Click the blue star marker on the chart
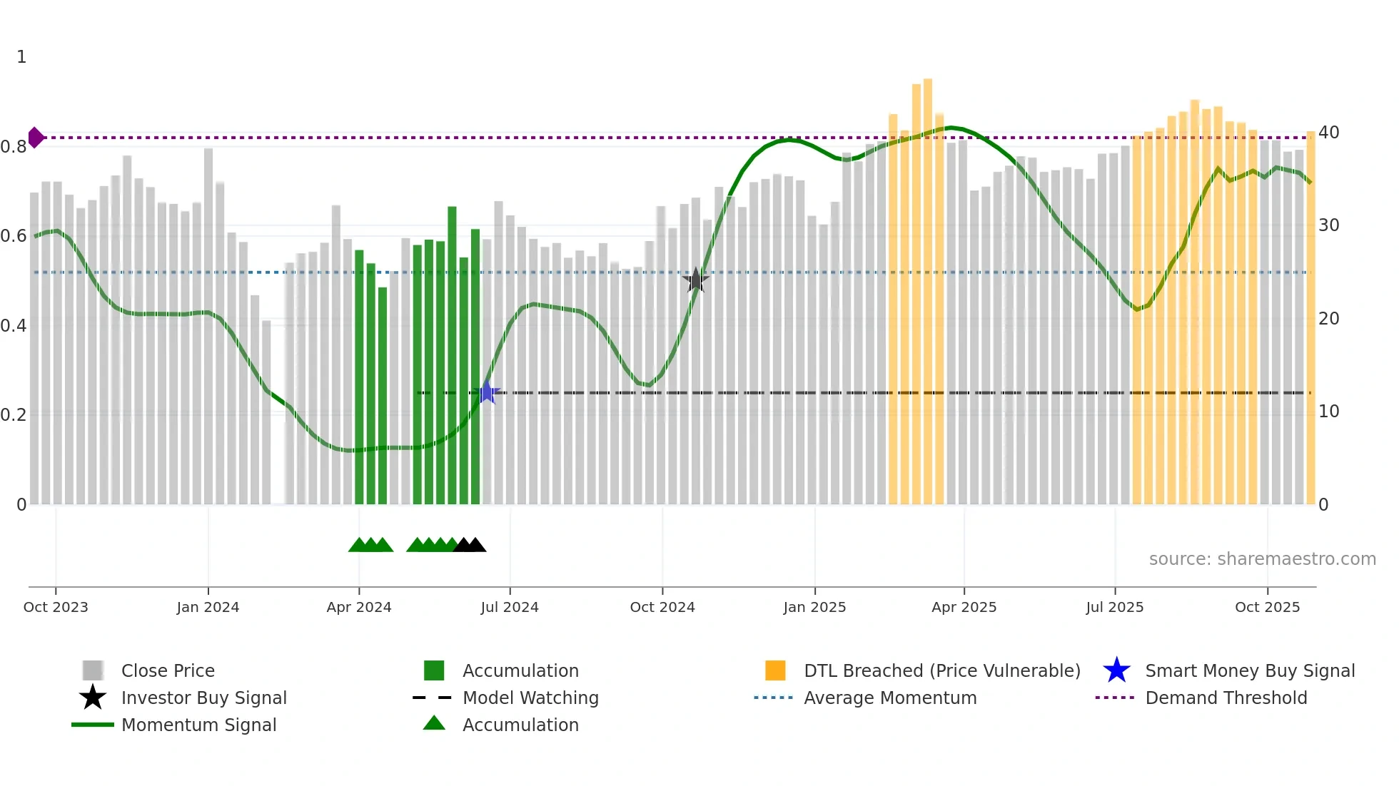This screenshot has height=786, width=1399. pyautogui.click(x=487, y=392)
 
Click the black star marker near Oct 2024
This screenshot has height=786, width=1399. pyautogui.click(x=695, y=280)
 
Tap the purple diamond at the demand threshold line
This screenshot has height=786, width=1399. pyautogui.click(x=36, y=138)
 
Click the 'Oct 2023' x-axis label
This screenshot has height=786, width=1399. pyautogui.click(x=56, y=607)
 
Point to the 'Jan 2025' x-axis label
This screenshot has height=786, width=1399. pyautogui.click(x=814, y=607)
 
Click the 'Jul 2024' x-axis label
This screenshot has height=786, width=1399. pyautogui.click(x=510, y=607)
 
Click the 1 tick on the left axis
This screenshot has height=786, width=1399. pyautogui.click(x=21, y=57)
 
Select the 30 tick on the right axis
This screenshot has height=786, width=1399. pyautogui.click(x=1328, y=225)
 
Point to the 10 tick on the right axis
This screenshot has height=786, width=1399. pyautogui.click(x=1328, y=412)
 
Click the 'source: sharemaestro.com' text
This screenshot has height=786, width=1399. pyautogui.click(x=1262, y=559)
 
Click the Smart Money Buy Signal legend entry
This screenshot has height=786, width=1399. pyautogui.click(x=1249, y=671)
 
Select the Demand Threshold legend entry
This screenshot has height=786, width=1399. pyautogui.click(x=1226, y=698)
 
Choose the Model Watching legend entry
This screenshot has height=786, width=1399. pyautogui.click(x=530, y=698)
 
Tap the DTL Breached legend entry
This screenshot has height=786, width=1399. pyautogui.click(x=941, y=671)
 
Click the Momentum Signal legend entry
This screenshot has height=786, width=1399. pyautogui.click(x=198, y=725)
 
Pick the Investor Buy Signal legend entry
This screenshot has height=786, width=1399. pyautogui.click(x=203, y=698)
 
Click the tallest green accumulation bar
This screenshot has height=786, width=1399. pyautogui.click(x=452, y=357)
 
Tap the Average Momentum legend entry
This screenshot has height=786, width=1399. pyautogui.click(x=889, y=698)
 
